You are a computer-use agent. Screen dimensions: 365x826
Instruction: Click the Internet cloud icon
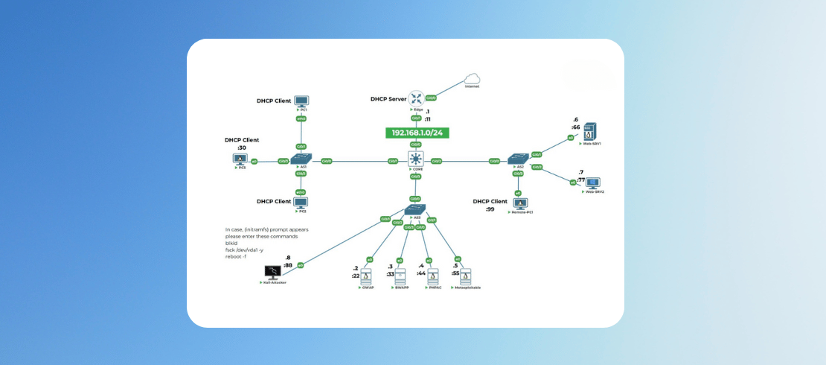(472, 79)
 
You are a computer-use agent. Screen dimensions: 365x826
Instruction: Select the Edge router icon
(415, 98)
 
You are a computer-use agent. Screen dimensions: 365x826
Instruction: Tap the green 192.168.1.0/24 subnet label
(417, 133)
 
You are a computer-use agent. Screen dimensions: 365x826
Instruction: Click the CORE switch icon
(415, 159)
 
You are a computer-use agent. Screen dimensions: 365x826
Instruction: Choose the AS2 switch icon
(516, 159)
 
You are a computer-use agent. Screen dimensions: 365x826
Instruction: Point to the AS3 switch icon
(415, 209)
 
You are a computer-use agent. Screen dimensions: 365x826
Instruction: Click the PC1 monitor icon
(301, 101)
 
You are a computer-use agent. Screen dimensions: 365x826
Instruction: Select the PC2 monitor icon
(301, 203)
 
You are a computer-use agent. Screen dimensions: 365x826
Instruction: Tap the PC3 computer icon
(241, 159)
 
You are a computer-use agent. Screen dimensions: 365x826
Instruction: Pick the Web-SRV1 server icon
(589, 131)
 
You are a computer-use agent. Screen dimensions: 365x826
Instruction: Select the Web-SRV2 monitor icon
(593, 182)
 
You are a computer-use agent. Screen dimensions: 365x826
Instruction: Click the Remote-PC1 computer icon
(519, 203)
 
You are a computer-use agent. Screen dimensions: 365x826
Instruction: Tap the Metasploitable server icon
(465, 276)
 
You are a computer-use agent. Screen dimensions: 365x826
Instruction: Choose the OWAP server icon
(365, 276)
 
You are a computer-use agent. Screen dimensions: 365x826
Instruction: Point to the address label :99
(490, 209)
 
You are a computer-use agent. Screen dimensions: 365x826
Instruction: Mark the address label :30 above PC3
(242, 147)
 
